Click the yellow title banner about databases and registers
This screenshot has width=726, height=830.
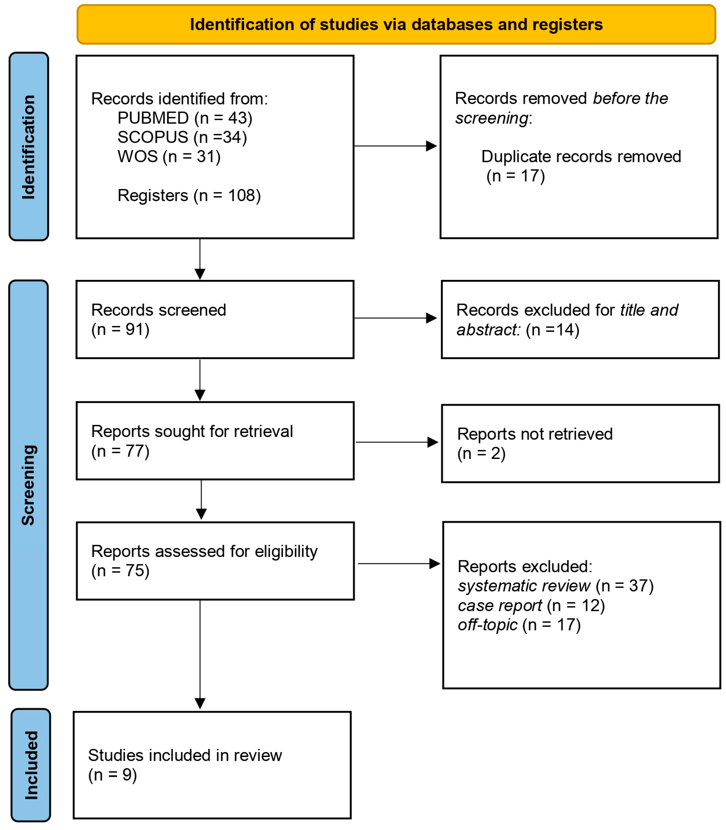click(396, 25)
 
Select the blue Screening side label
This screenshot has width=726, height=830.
click(28, 485)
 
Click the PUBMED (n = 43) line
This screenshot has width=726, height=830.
click(185, 118)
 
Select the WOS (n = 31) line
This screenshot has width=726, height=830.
click(169, 156)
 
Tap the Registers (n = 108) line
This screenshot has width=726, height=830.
click(189, 195)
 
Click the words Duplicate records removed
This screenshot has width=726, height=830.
click(581, 156)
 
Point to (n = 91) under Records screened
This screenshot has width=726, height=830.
click(120, 329)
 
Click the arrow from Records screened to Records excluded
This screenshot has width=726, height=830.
click(395, 318)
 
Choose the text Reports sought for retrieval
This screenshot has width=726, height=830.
click(192, 431)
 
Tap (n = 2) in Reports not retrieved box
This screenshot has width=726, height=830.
click(481, 453)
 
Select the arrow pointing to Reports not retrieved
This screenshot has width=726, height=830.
click(396, 442)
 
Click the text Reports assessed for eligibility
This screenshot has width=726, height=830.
click(204, 551)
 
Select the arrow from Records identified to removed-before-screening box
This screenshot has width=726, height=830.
click(395, 146)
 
